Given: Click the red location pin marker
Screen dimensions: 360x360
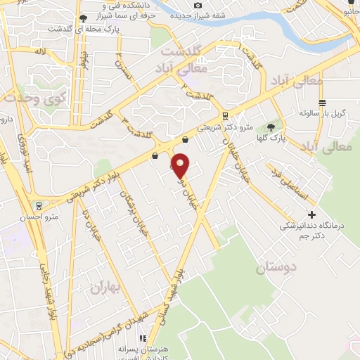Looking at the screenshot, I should (x=181, y=165).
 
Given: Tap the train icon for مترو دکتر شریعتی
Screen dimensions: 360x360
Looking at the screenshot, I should (x=224, y=116).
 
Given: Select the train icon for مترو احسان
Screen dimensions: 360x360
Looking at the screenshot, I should (x=38, y=207).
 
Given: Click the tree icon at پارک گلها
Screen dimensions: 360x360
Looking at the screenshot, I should (x=270, y=128).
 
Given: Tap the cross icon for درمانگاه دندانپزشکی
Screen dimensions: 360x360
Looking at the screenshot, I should (x=313, y=214).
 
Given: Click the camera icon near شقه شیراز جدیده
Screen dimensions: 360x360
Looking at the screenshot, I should (x=198, y=6).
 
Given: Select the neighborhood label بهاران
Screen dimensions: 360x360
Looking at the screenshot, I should (x=105, y=287).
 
